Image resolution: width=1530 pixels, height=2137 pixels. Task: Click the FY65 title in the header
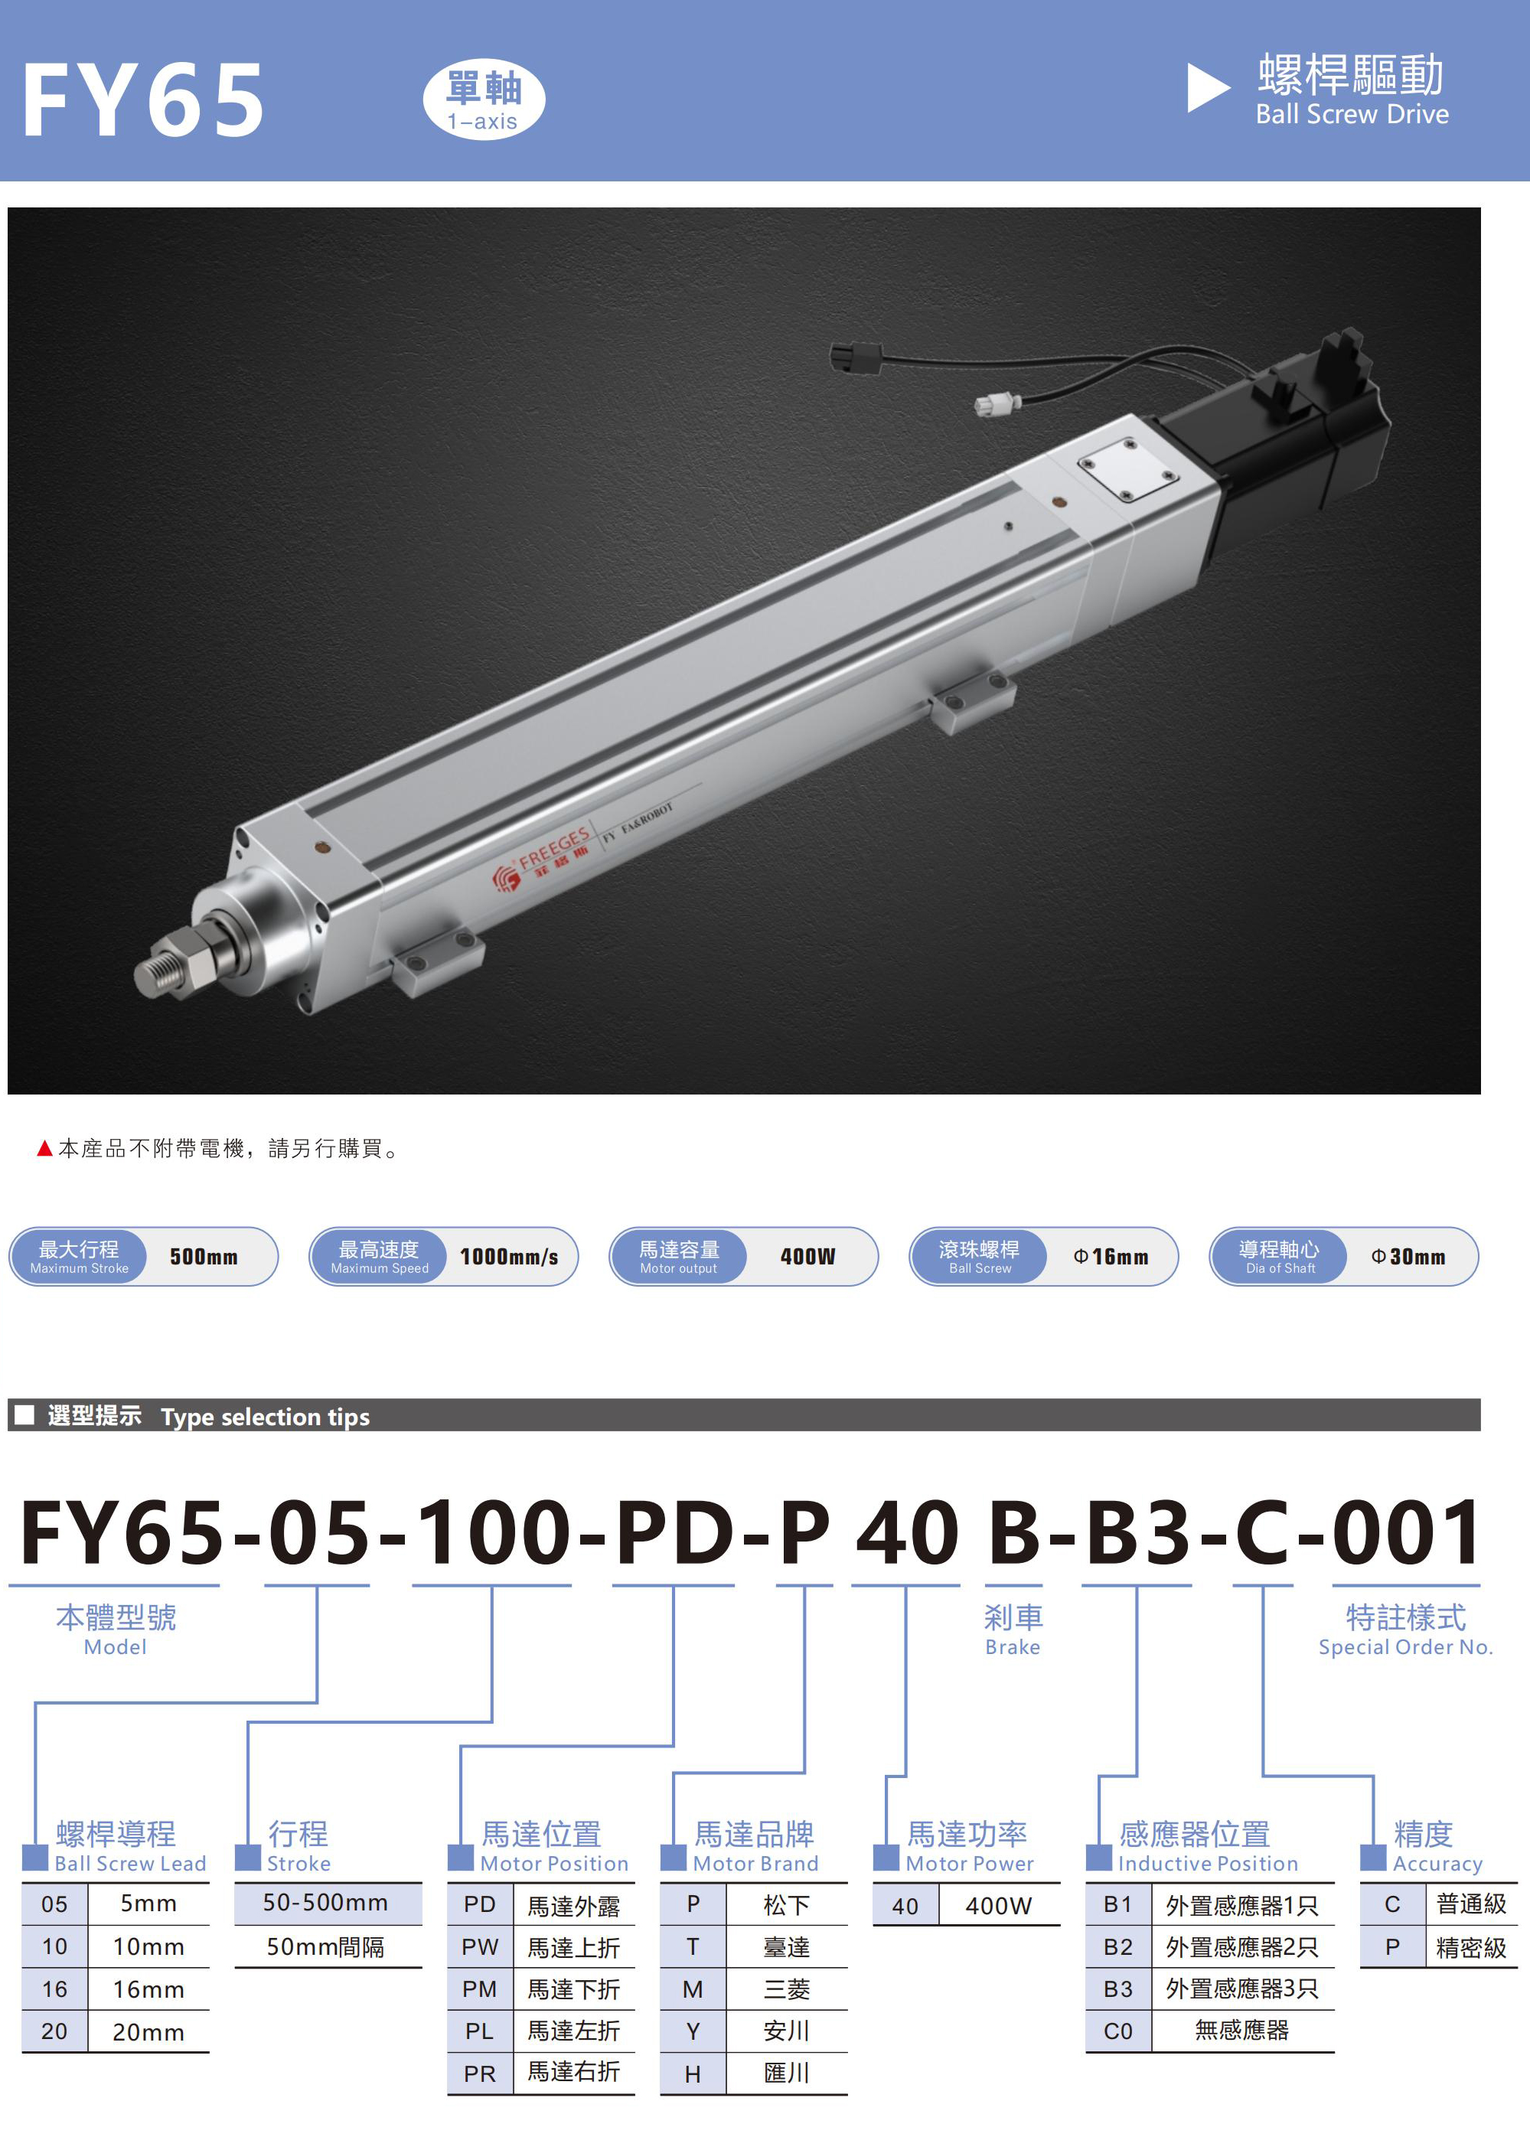(x=143, y=100)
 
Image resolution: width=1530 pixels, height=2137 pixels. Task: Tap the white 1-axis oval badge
(x=483, y=99)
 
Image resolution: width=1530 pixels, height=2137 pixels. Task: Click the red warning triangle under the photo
(x=44, y=1147)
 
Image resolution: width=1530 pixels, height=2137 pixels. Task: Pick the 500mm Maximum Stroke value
(x=204, y=1256)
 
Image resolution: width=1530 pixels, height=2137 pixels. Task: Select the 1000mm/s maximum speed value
(x=509, y=1256)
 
